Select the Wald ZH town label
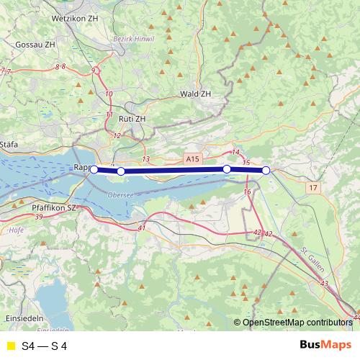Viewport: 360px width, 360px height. [x=195, y=94]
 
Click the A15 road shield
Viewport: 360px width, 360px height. [x=191, y=158]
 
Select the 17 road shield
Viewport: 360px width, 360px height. [x=311, y=188]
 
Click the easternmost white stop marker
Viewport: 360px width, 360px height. [x=266, y=171]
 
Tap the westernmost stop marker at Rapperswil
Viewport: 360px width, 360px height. [x=94, y=170]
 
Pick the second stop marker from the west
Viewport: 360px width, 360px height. [x=121, y=171]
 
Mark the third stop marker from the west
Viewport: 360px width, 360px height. [x=227, y=169]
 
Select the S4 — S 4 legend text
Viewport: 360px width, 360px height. [x=45, y=346]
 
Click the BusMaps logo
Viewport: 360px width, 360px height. [x=325, y=346]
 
